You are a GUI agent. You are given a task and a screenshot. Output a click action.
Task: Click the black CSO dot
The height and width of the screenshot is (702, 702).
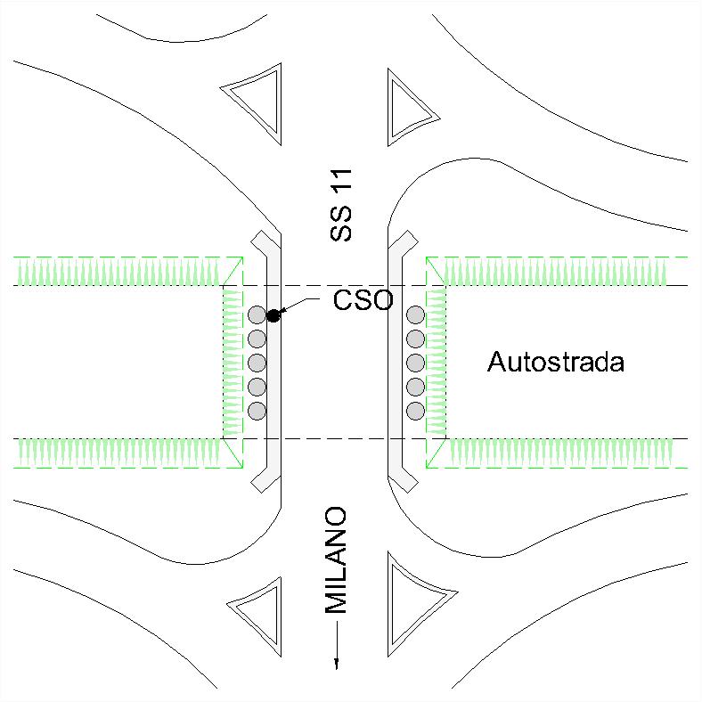(273, 314)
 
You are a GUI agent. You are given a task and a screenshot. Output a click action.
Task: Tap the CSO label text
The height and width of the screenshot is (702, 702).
(363, 300)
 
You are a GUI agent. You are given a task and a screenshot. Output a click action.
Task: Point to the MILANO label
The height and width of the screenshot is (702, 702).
(336, 561)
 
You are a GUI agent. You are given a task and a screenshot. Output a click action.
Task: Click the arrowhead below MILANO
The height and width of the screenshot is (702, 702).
(337, 661)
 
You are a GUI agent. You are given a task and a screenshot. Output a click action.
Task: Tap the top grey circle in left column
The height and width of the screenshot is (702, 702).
(257, 314)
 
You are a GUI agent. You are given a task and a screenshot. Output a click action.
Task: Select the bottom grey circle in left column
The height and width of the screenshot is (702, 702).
(257, 411)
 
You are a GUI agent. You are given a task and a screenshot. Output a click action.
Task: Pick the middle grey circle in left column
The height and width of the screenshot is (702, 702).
(257, 363)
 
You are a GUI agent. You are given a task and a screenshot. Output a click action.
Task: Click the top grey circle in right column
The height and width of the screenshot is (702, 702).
(415, 314)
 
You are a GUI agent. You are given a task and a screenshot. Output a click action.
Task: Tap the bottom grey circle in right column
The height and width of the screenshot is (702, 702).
(415, 411)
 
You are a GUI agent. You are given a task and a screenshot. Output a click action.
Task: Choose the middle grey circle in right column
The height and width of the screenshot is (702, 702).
(415, 363)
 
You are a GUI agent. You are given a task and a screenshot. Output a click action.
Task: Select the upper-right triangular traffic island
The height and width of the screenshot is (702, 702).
(407, 105)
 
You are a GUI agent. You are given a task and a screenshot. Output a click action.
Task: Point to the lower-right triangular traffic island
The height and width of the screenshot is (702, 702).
(411, 601)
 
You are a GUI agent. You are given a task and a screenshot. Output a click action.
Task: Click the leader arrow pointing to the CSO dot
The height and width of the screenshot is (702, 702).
(298, 305)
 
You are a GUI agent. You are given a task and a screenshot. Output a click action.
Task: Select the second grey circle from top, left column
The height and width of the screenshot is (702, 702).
(257, 339)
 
